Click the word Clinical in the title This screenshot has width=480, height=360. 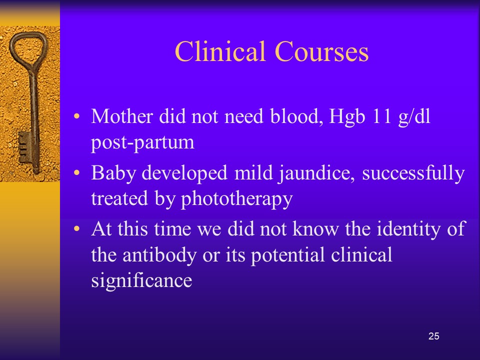pos(220,51)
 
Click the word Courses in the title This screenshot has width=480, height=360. pos(321,51)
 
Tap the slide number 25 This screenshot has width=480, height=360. pos(434,336)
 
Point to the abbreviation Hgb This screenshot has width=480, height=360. pos(347,117)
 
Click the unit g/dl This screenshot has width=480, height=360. pos(414,117)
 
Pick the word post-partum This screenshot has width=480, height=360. pos(142,143)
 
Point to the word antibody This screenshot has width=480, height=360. pos(159,254)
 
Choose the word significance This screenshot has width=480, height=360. pos(141,280)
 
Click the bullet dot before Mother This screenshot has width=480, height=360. pos(76,116)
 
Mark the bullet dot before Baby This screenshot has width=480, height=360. pos(76,173)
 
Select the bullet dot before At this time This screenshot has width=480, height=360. pos(76,228)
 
